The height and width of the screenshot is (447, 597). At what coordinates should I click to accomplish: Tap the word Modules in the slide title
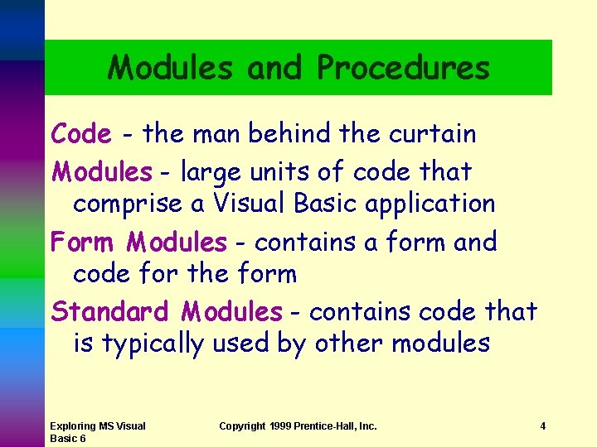pyautogui.click(x=170, y=68)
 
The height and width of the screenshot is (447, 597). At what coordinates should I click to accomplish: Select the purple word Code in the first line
pyautogui.click(x=80, y=133)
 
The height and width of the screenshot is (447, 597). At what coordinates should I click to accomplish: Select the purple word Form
pyautogui.click(x=81, y=243)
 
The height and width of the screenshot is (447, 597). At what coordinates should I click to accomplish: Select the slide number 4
pyautogui.click(x=542, y=426)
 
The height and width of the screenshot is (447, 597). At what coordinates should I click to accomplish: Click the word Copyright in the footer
pyautogui.click(x=243, y=426)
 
